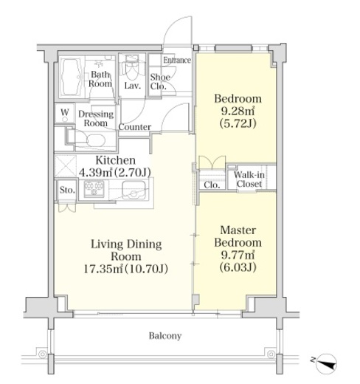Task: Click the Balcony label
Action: pos(165,336)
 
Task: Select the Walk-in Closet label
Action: pos(249,179)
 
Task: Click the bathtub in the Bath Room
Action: pos(70,76)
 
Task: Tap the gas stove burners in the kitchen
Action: pos(94,188)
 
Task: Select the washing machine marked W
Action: pos(65,113)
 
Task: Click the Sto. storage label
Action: pos(67,190)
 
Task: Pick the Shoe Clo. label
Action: pos(160,81)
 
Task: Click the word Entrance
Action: pos(177,60)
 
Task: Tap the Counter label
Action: pos(134,127)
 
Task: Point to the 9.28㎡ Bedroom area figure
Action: pos(238,112)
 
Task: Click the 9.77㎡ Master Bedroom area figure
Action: pos(238,255)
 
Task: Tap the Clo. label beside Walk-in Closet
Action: pos(212,185)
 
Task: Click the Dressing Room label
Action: pos(96,118)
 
